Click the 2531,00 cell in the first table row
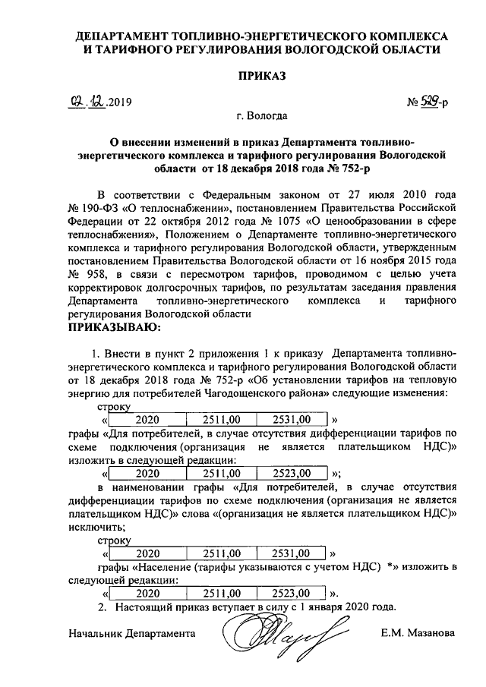pos(292,419)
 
